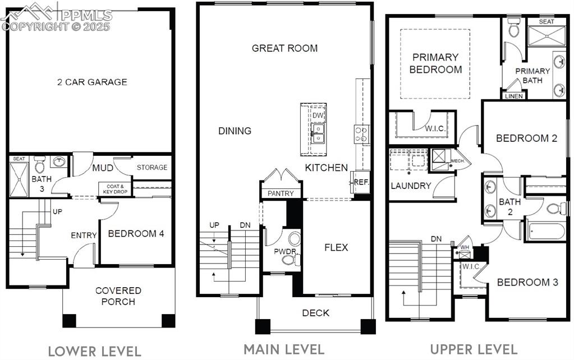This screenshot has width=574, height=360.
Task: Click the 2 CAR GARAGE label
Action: tap(92, 82)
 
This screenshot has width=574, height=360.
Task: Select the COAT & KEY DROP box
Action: tap(114, 188)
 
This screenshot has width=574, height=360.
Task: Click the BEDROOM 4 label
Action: tap(136, 234)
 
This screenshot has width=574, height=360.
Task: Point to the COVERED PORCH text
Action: tap(118, 296)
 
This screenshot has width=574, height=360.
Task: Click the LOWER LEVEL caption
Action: tap(94, 352)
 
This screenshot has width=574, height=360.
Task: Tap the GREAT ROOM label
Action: tap(284, 48)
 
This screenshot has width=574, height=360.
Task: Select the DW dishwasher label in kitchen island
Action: tap(318, 116)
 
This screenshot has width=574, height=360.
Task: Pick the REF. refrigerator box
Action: tap(360, 182)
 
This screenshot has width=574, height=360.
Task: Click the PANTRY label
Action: tap(281, 193)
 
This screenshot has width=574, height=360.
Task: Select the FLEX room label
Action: tap(336, 247)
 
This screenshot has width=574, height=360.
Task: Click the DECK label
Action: tap(316, 313)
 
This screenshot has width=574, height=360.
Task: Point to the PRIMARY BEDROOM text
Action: tap(436, 63)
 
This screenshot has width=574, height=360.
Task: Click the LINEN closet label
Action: tap(514, 96)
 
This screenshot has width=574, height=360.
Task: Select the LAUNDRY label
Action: tap(411, 186)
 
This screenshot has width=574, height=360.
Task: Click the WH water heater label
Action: tap(464, 247)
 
